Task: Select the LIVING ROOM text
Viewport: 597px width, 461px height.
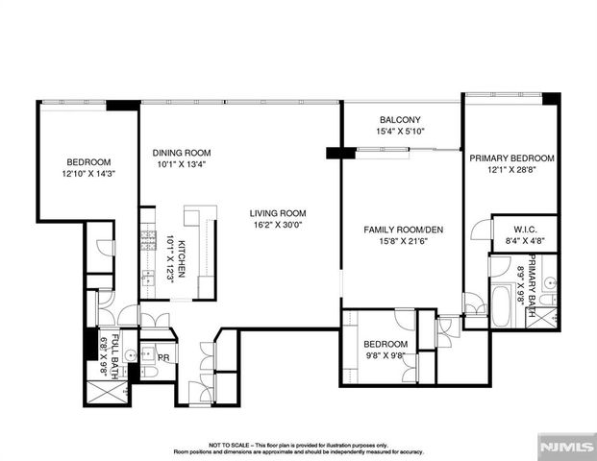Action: pyautogui.click(x=278, y=213)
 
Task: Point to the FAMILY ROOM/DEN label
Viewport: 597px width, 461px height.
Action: pyautogui.click(x=401, y=230)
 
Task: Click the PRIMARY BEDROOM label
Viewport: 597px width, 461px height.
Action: pyautogui.click(x=511, y=158)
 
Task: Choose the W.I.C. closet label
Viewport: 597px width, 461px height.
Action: pyautogui.click(x=524, y=229)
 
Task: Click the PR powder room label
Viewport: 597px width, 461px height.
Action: pyautogui.click(x=163, y=357)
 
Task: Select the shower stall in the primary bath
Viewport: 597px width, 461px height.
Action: pyautogui.click(x=546, y=315)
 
